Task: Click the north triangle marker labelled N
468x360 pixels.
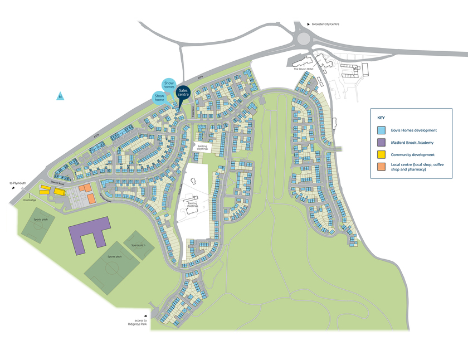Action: pyautogui.click(x=60, y=96)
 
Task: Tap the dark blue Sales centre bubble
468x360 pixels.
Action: pyautogui.click(x=183, y=93)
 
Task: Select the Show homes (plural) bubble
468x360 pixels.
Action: pyautogui.click(x=169, y=85)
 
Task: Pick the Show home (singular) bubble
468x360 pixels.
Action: pyautogui.click(x=159, y=97)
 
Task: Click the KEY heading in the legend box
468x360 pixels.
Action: pyautogui.click(x=381, y=118)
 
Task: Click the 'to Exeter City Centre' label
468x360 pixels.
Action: pyautogui.click(x=325, y=25)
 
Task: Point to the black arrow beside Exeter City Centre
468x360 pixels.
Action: pyautogui.click(x=308, y=25)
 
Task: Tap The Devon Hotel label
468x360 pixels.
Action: pyautogui.click(x=304, y=69)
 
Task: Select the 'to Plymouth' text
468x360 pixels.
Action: pyautogui.click(x=18, y=183)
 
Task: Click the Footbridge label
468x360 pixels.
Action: pyautogui.click(x=30, y=200)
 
